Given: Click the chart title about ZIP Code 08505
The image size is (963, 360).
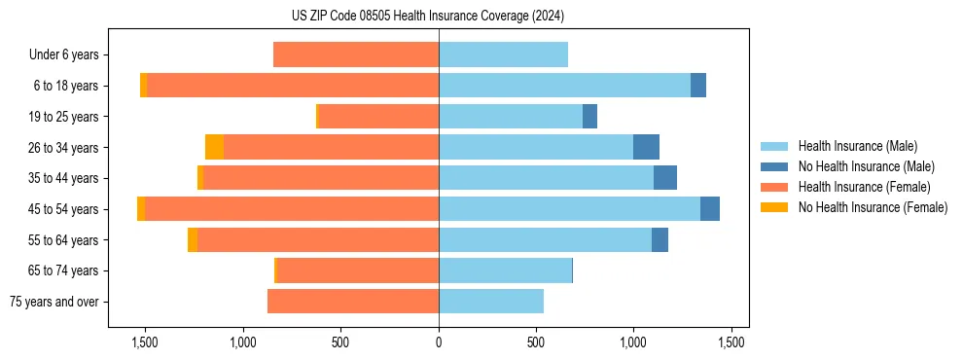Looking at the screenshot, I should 427,17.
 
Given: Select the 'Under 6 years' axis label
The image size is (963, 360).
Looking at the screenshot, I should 63,55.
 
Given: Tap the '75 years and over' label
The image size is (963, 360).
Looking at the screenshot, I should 54,302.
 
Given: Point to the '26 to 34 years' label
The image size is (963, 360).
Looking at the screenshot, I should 63,148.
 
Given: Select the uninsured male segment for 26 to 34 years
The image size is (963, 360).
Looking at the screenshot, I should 646,148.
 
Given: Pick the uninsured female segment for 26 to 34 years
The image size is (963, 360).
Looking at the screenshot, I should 214,148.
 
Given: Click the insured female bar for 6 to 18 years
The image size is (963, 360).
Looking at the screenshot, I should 292,86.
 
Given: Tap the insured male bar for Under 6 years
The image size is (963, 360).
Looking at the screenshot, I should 503,55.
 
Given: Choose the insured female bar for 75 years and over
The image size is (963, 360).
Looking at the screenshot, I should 353,302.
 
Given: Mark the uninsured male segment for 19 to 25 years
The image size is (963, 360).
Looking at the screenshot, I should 589,117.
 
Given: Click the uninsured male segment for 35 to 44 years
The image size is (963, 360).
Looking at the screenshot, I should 665,178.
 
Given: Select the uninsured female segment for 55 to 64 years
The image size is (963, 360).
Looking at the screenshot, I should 193,240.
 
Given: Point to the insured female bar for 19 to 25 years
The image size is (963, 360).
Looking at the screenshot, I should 378,117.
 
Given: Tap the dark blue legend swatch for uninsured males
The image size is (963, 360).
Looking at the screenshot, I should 774,166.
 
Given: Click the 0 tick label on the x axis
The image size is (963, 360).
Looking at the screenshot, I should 439,342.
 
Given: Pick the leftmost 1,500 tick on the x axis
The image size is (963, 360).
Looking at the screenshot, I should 145,342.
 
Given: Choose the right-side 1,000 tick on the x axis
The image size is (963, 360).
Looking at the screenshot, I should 633,342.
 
